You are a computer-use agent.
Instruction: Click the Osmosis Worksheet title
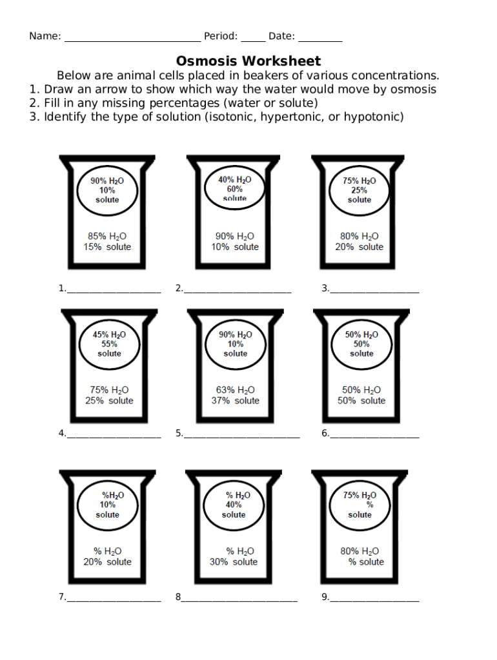249,61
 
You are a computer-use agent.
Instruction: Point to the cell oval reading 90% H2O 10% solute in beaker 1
107,190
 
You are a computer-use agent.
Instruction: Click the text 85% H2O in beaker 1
107,236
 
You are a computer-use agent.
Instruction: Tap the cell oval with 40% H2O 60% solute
235,189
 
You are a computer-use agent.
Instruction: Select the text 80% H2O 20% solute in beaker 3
360,242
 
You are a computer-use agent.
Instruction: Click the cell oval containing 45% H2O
109,344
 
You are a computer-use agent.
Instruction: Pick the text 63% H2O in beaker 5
235,390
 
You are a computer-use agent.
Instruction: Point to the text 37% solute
235,401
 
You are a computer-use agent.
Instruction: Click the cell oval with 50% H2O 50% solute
361,344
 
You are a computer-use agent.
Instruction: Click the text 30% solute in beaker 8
234,562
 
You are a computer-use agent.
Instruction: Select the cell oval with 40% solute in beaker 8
234,505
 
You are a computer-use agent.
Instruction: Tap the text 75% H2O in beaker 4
109,390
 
